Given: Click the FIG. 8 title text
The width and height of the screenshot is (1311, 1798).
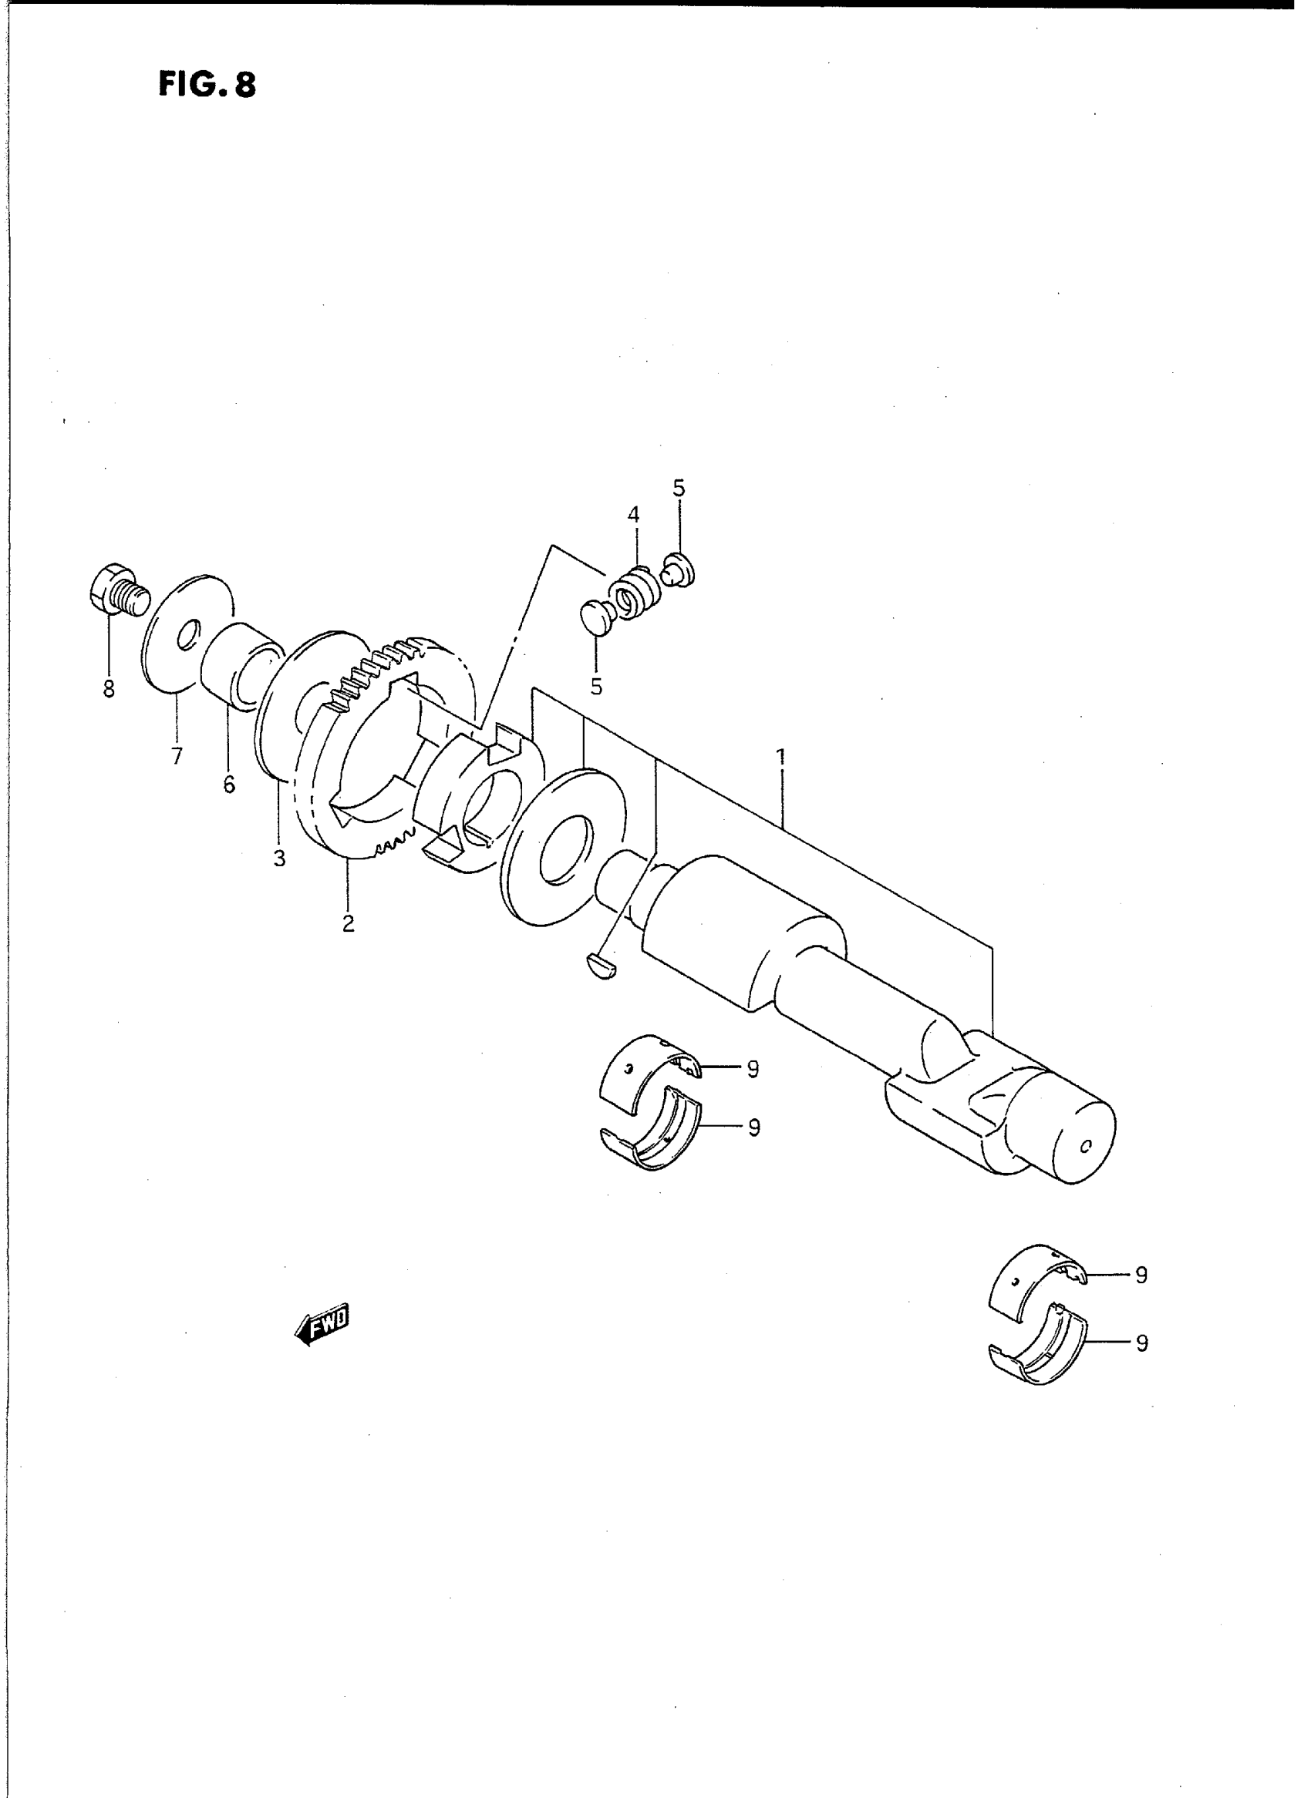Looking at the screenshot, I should (x=207, y=84).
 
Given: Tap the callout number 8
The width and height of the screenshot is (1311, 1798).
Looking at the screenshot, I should (x=109, y=689).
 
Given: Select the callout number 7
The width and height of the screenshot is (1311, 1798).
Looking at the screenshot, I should (x=176, y=756).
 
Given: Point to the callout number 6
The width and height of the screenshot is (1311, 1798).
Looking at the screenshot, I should (x=229, y=785).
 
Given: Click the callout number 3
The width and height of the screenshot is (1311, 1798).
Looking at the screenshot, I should (x=279, y=859).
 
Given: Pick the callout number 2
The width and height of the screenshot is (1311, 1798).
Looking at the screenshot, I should (x=349, y=923).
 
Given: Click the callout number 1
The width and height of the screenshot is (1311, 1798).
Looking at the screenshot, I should (x=781, y=757).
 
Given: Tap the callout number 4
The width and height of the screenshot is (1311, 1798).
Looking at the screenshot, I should (x=633, y=515).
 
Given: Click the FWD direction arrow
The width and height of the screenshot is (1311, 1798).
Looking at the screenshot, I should (x=321, y=1323).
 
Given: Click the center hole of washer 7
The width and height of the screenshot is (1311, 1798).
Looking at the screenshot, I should (x=188, y=635).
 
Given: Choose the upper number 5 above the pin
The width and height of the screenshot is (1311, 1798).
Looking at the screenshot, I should (x=679, y=488).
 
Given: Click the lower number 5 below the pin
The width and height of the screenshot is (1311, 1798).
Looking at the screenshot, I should (x=596, y=687).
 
